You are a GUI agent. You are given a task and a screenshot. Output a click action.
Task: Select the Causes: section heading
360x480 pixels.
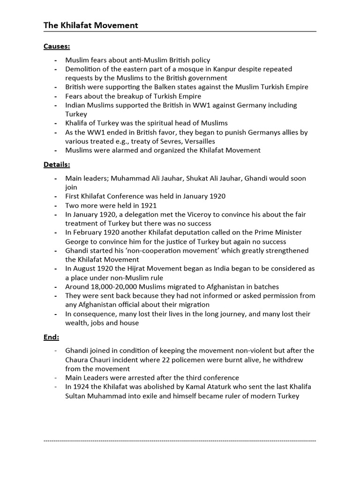[x=57, y=46]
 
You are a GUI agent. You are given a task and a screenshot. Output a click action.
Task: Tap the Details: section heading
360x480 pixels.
[x=57, y=165]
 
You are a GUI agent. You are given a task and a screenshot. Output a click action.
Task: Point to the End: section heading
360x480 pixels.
[x=52, y=337]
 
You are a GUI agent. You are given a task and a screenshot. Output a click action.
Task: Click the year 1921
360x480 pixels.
[x=148, y=205]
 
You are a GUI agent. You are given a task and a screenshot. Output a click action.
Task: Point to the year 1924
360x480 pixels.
[x=82, y=387]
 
